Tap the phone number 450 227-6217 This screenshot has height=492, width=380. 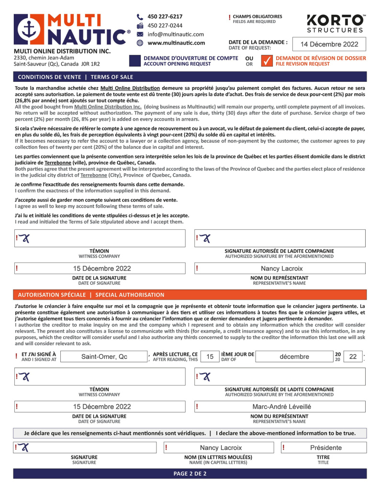point(165,16)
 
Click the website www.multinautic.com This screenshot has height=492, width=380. point(176,43)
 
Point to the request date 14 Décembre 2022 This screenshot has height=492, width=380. point(329,45)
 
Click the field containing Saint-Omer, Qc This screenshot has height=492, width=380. point(104,357)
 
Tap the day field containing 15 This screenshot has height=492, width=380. point(210,357)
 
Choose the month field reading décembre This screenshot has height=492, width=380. point(294,357)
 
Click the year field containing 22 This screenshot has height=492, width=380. point(353,357)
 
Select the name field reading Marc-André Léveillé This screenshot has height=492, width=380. point(282,406)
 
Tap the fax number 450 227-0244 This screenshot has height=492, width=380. point(165,25)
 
